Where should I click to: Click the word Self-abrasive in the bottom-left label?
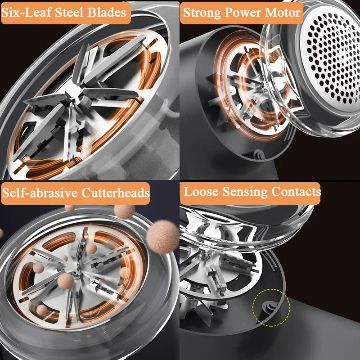pyautogui.click(x=40, y=193)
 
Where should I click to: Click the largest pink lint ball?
pyautogui.click(x=162, y=237)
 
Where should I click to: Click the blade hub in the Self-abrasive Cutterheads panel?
pyautogui.click(x=75, y=274)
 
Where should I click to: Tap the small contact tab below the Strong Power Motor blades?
pyautogui.click(x=259, y=153)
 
